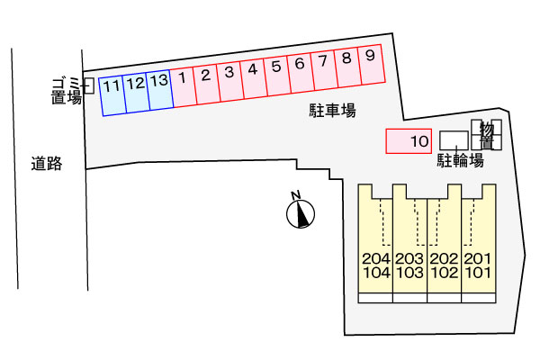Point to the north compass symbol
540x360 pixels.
[x=300, y=212]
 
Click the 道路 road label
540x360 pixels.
[x=45, y=163]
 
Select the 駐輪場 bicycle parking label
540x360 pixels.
[x=461, y=160]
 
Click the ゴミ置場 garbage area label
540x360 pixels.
[x=67, y=91]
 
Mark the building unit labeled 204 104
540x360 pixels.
[x=375, y=265]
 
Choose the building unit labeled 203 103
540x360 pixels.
[x=409, y=265]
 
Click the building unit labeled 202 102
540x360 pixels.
[x=444, y=265]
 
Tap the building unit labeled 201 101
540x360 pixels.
[x=478, y=265]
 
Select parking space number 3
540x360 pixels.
[x=230, y=81]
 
